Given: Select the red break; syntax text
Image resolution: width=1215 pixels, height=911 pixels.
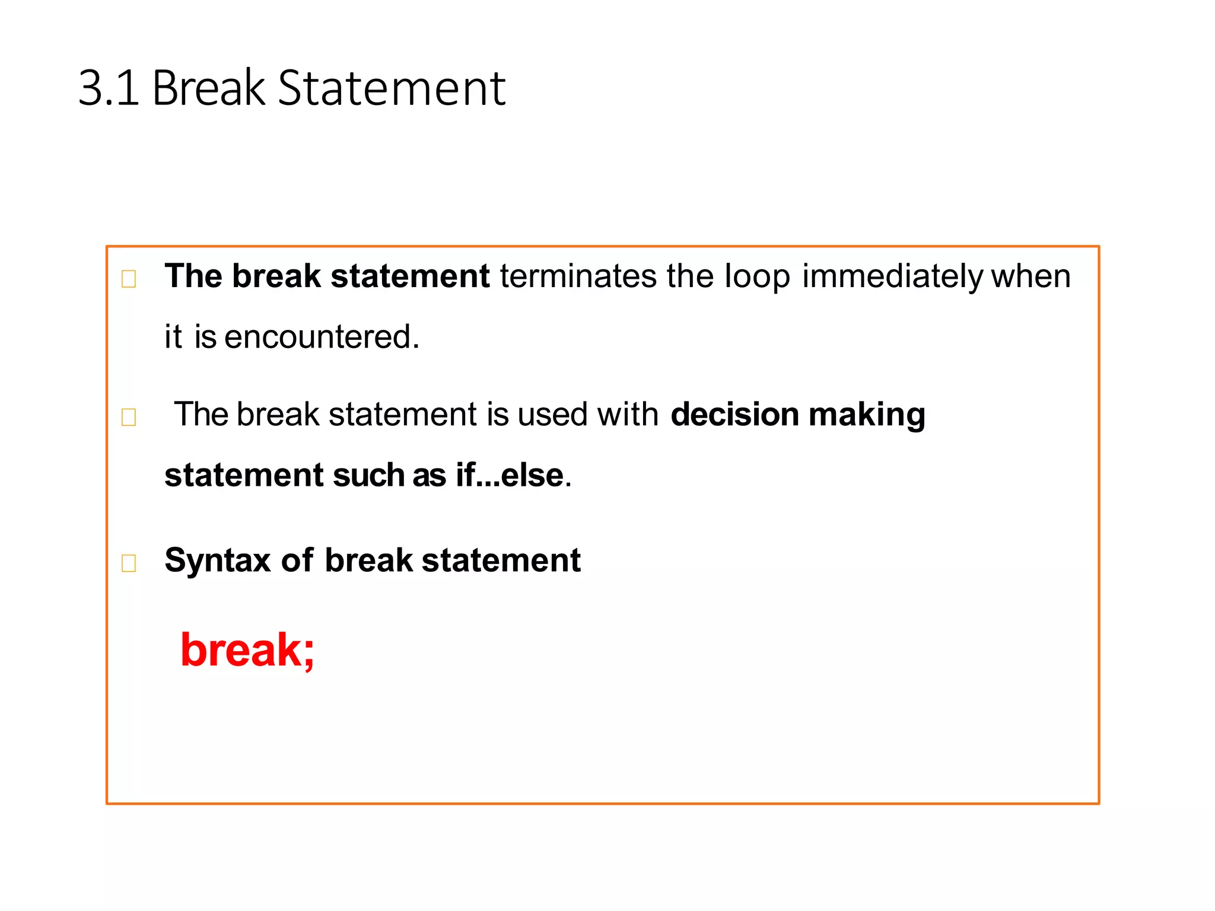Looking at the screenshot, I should tap(247, 650).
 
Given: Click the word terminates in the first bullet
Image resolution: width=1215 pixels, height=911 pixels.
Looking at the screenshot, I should tap(578, 276).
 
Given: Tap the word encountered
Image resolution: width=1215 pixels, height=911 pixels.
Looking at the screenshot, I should tap(322, 337).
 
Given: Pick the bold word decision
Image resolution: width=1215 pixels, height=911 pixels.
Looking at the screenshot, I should tap(734, 414).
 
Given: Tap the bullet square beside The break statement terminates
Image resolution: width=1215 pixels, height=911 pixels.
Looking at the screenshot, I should tap(129, 278).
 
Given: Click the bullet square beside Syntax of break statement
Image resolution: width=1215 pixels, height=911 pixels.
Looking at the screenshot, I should tap(129, 563).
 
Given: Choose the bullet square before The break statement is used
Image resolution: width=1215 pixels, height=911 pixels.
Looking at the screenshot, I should tap(129, 417).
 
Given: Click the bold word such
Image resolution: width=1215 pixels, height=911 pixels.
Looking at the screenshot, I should tap(368, 476).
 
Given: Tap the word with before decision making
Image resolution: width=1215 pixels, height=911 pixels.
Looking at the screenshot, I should tap(628, 414).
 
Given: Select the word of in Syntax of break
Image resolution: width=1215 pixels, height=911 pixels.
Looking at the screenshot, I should tap(297, 560).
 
